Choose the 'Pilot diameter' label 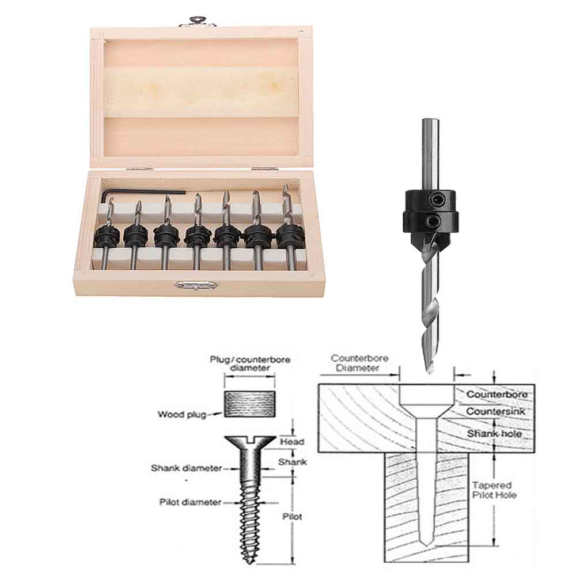coord(190,502)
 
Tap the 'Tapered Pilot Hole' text coord(494,490)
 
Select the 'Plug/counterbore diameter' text coord(250,363)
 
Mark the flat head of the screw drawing coord(250,442)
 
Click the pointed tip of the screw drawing coord(251,562)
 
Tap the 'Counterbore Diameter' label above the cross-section coord(359,362)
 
